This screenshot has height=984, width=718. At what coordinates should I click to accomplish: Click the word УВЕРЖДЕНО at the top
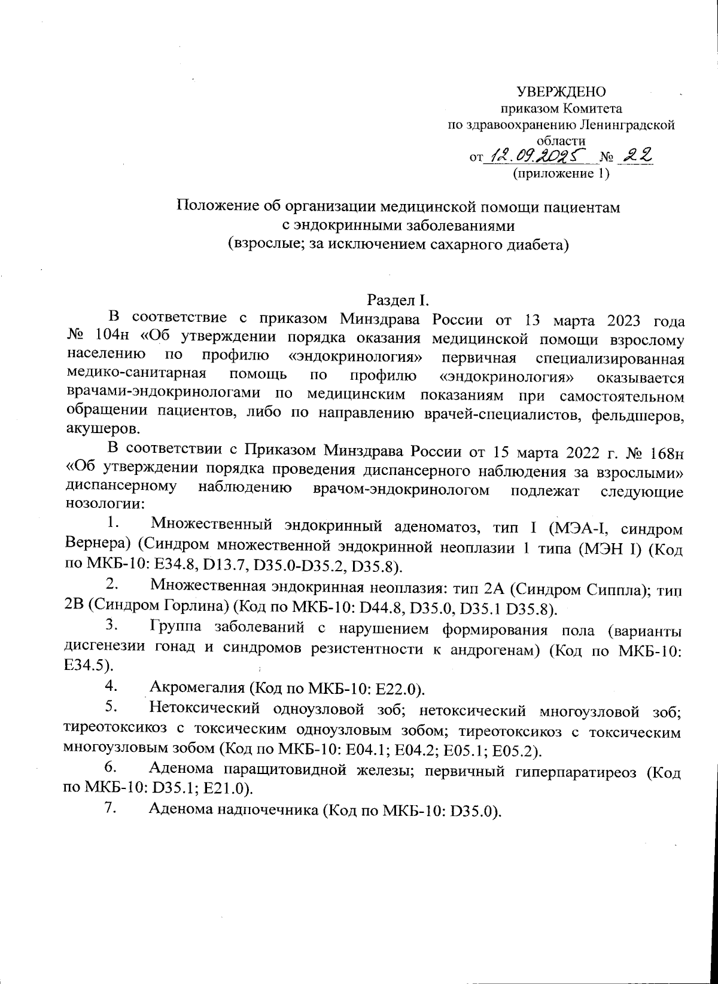tap(561, 92)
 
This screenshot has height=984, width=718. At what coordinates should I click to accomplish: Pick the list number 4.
tap(109, 684)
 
